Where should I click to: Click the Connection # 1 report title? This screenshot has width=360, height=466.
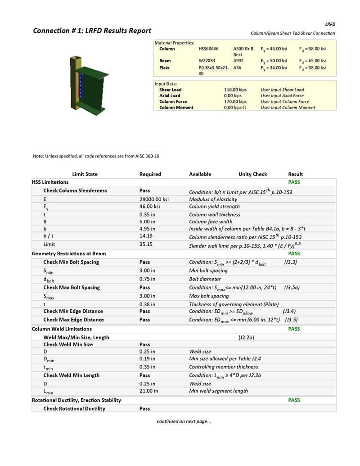point(92,31)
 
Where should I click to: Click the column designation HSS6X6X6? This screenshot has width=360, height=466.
point(209,49)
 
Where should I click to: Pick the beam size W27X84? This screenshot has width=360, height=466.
point(207,61)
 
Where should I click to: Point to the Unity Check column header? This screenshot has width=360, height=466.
point(252,174)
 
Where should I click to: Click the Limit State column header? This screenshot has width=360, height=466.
point(85,174)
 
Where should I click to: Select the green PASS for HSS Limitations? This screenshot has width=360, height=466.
point(294,182)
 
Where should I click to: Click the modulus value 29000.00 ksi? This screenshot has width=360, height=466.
point(154,199)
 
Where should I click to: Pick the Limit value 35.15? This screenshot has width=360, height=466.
point(146,244)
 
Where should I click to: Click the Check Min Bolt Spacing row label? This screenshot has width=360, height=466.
point(71,262)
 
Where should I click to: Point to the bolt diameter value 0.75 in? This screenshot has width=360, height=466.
point(147,279)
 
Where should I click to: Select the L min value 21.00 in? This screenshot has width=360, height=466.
point(148,391)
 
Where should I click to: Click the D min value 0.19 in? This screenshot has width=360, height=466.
point(147,358)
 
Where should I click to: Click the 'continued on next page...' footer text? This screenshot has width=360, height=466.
point(184,421)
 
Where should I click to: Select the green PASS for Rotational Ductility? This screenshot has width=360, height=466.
point(294,400)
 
